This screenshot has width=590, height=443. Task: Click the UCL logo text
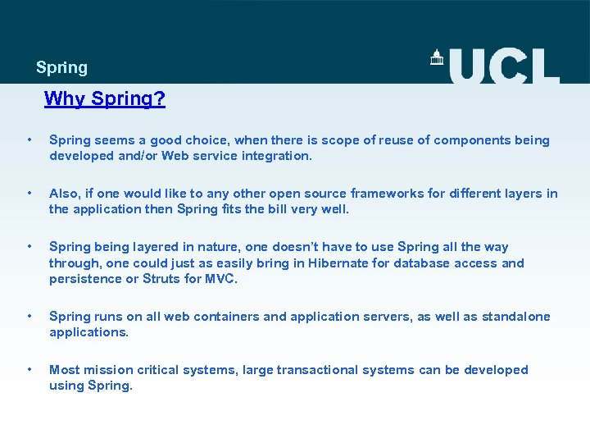click(x=504, y=66)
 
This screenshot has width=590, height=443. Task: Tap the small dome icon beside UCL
click(x=437, y=57)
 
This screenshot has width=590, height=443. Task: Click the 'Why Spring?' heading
click(x=105, y=99)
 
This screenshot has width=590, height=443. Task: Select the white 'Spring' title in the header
click(x=61, y=68)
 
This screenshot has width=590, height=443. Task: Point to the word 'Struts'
click(x=161, y=279)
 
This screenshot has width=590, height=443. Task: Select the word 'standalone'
click(x=516, y=317)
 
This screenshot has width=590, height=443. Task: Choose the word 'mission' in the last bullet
click(x=108, y=370)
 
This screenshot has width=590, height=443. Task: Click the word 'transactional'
click(x=314, y=370)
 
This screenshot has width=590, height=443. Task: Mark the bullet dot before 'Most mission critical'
click(x=29, y=370)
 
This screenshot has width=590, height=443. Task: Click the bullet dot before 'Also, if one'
click(x=29, y=194)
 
